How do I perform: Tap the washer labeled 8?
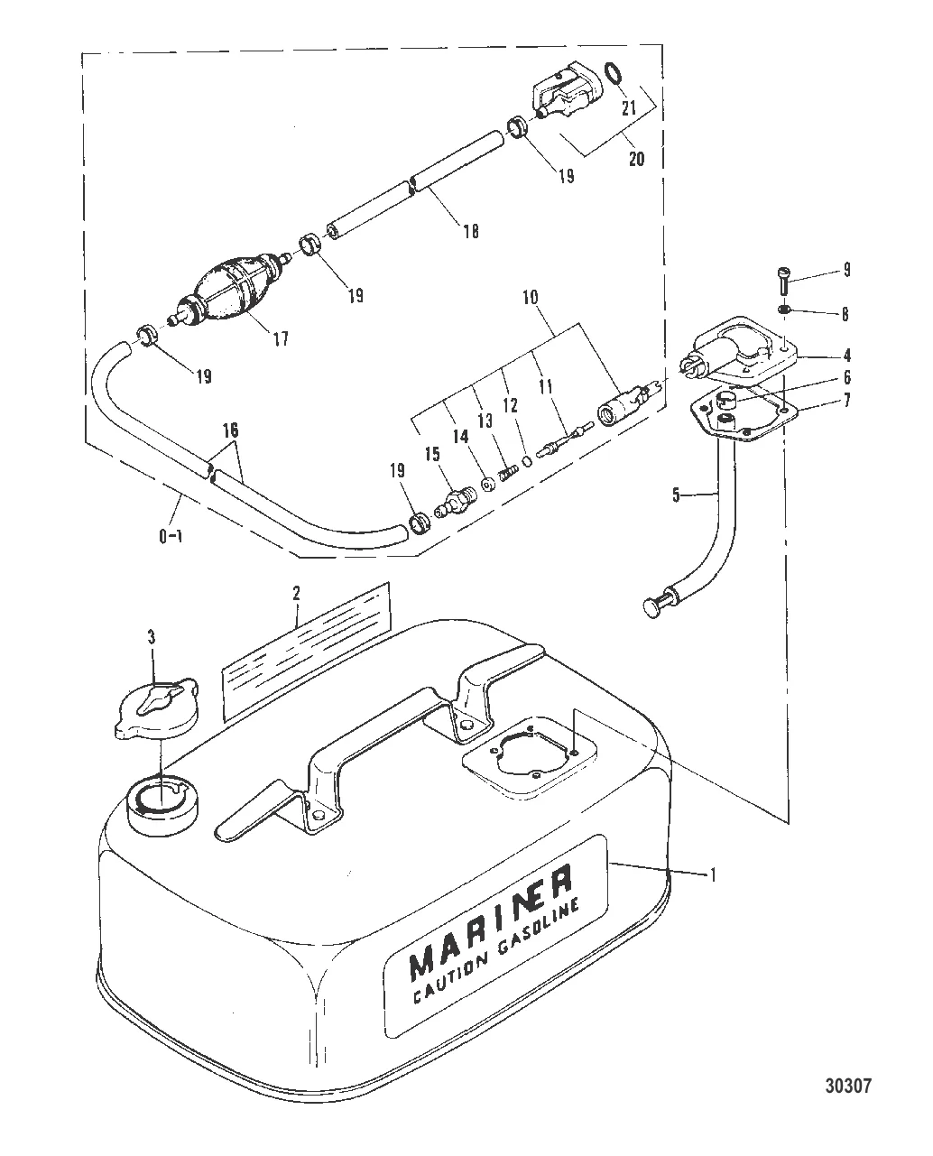coord(785,311)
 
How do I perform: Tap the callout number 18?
coord(470,232)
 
